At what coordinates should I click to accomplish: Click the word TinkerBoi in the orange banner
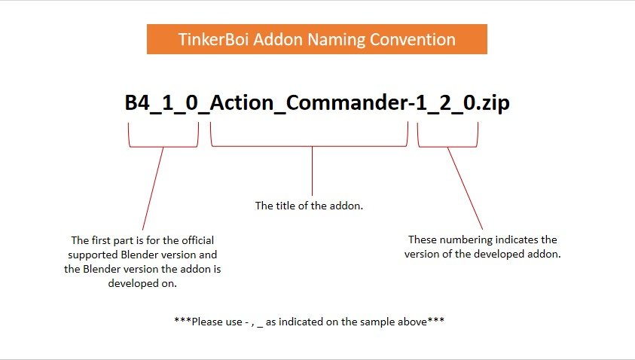[213, 39]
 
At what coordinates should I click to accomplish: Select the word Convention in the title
[412, 39]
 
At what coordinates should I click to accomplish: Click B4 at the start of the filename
[137, 102]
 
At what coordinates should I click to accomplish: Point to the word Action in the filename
[242, 102]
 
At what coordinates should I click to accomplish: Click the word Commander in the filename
[347, 102]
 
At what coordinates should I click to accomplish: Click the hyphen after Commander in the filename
[412, 105]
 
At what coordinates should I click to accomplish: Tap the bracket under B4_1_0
[163, 146]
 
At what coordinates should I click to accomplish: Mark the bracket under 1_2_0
[447, 147]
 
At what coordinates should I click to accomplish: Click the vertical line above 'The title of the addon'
[313, 171]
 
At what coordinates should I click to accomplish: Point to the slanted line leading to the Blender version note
[153, 189]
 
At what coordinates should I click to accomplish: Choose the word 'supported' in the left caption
[93, 255]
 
